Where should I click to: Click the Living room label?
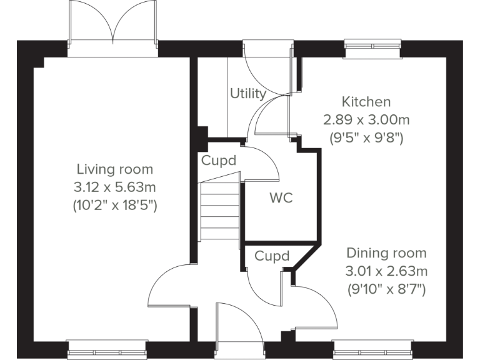click(x=114, y=169)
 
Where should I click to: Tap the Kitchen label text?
click(x=366, y=102)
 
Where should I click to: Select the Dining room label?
click(x=386, y=253)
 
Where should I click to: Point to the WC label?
click(x=281, y=199)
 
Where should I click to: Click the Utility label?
click(x=247, y=94)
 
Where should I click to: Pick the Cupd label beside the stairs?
click(x=219, y=161)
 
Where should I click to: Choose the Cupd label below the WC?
click(x=272, y=256)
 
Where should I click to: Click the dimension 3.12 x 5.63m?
click(x=114, y=186)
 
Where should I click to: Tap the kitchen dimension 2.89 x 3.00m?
click(x=366, y=119)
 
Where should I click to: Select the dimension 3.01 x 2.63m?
click(x=386, y=271)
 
